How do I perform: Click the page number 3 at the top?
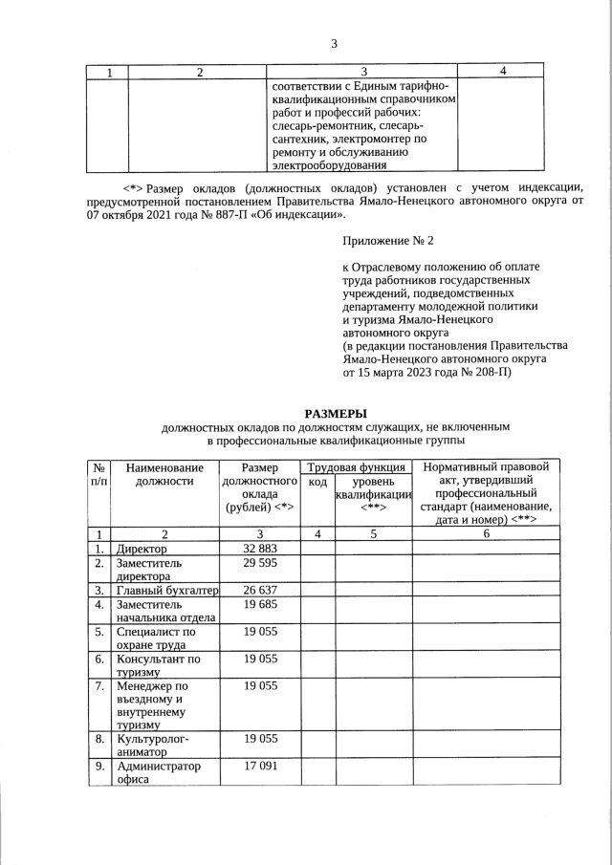(x=334, y=42)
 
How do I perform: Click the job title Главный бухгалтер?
(x=166, y=592)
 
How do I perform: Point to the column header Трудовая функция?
(x=356, y=467)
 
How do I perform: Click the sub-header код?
(x=317, y=482)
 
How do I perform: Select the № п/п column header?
(x=98, y=475)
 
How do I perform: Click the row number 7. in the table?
(x=98, y=686)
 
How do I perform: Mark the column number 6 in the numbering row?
(x=486, y=534)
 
